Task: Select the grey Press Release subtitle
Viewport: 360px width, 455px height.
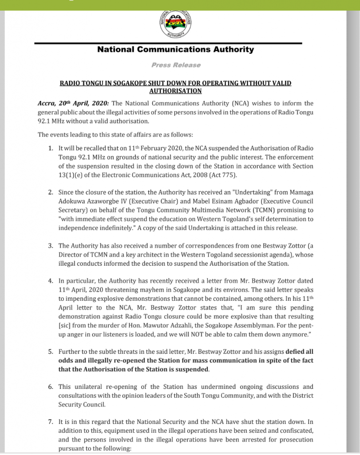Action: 176,65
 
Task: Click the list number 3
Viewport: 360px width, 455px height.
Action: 51,246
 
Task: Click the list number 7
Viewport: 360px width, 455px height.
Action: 51,422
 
